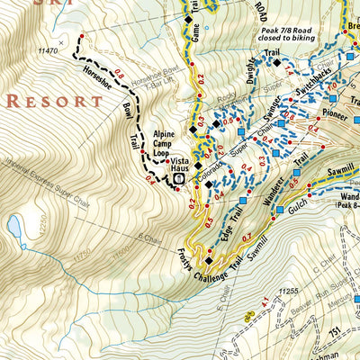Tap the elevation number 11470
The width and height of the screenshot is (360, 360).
(x=48, y=52)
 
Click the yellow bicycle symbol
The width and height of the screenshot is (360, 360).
(x=249, y=315)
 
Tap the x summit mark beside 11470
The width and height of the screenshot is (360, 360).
(x=61, y=41)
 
